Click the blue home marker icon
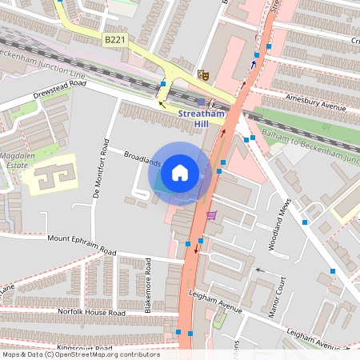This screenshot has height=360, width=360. coord(180,172)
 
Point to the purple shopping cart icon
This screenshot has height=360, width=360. coord(211,214)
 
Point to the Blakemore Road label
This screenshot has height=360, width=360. coord(149,284)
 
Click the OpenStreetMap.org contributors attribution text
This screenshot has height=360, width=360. coord(104,355)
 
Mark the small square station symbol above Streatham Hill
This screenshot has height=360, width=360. coord(201,102)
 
